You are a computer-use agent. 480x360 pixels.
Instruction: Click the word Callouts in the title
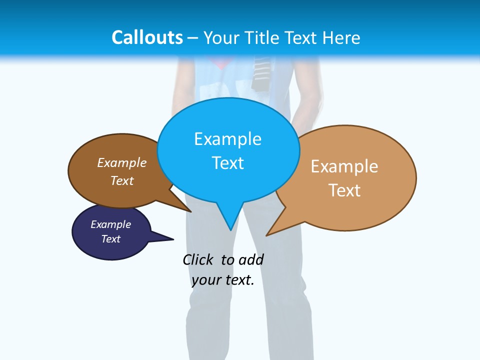click(x=147, y=37)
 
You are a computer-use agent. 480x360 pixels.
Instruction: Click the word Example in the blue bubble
click(x=227, y=139)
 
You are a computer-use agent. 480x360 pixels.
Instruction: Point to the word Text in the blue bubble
click(x=227, y=162)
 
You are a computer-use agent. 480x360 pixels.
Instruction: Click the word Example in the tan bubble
click(x=344, y=166)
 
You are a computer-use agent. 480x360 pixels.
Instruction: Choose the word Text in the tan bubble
click(x=344, y=190)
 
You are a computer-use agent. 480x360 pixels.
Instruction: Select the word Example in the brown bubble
click(x=122, y=162)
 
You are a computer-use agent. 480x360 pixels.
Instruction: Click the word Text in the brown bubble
click(x=122, y=180)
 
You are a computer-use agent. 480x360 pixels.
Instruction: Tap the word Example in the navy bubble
click(x=111, y=224)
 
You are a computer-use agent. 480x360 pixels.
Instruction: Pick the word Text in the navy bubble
click(x=111, y=239)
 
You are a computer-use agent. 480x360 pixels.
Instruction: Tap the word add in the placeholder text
click(x=250, y=259)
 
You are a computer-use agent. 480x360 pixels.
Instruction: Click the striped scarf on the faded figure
click(x=260, y=72)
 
